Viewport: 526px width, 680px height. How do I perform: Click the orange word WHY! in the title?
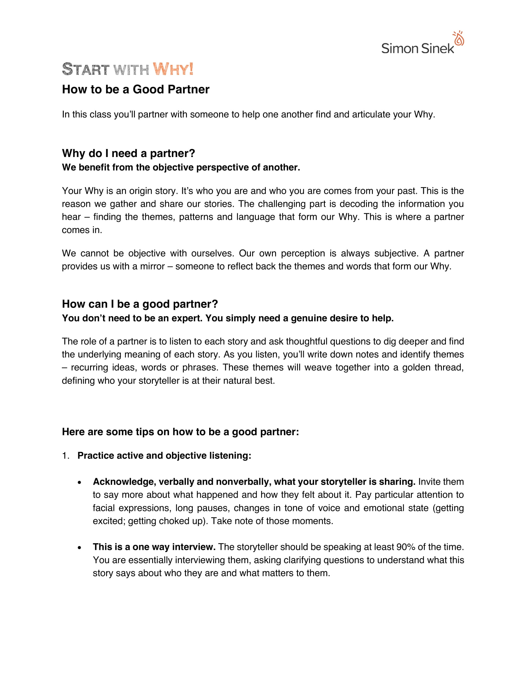[173, 69]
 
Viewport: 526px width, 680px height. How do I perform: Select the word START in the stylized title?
[86, 69]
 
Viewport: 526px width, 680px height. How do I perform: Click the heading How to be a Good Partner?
[136, 90]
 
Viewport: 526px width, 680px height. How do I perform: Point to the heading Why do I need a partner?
[128, 153]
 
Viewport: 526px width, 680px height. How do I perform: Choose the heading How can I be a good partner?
[140, 304]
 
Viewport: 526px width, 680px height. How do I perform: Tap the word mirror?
[152, 266]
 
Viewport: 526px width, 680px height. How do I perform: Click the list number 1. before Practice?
[65, 456]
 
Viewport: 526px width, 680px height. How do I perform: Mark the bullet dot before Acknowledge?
[80, 482]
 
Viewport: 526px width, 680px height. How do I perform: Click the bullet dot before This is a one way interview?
[80, 548]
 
